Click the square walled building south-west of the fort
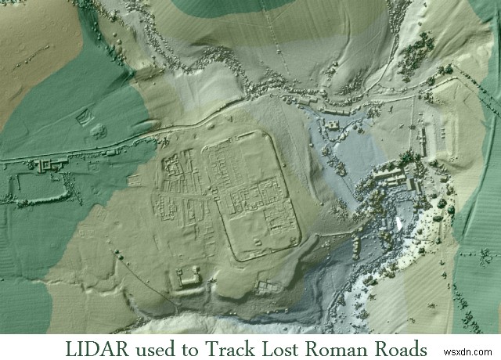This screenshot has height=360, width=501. (188, 279)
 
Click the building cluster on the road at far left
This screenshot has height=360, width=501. (47, 164)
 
